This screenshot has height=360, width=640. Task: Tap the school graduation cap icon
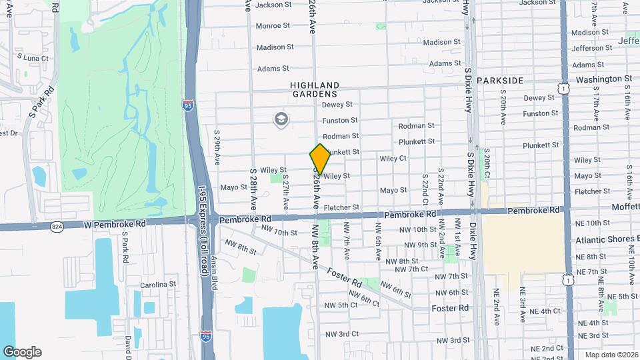281,119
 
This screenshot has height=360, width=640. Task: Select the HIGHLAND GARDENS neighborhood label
315,90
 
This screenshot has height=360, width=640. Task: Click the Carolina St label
158,284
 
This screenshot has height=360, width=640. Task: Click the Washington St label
603,79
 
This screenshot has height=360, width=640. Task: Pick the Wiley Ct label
393,159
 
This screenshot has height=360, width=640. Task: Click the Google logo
22,352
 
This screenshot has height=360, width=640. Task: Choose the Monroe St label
273,26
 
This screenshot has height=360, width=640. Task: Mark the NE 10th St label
592,223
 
